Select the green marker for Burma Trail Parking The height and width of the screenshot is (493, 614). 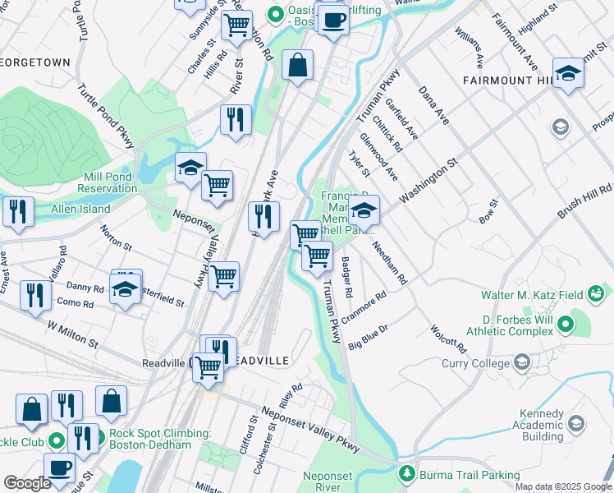tap(406, 474)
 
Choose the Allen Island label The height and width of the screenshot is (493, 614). tap(80, 210)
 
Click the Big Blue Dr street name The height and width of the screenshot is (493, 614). tap(367, 335)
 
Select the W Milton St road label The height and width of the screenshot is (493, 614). tap(72, 333)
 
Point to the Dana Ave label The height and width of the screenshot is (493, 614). tap(434, 105)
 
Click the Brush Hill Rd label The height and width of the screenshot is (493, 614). tap(586, 201)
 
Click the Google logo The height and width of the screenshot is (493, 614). tap(27, 483)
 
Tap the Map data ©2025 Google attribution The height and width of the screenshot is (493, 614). tap(563, 486)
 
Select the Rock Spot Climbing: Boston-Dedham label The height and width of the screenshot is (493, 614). tap(150, 439)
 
